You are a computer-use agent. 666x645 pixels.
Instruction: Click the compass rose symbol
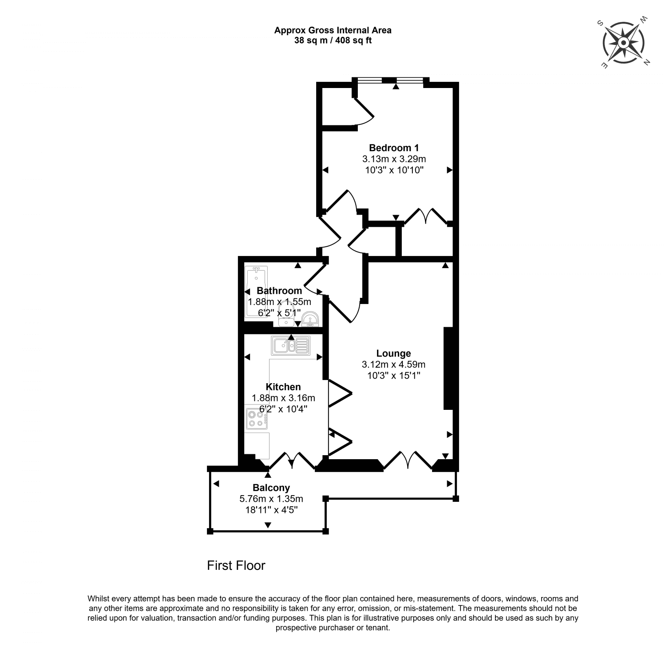pos(623,43)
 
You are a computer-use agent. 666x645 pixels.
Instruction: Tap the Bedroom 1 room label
pos(394,148)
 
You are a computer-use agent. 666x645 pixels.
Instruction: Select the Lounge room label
pos(393,353)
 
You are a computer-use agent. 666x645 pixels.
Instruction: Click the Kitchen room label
pos(283,387)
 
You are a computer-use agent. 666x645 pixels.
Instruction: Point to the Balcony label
pos(271,488)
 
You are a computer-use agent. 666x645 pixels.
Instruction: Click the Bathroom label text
pos(279,291)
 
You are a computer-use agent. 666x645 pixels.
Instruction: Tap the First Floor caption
pos(236,565)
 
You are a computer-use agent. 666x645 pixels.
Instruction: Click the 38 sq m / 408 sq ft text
pos(333,40)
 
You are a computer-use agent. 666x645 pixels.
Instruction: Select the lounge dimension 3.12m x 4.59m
pos(393,365)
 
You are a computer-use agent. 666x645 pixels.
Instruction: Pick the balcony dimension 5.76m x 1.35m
pos(271,499)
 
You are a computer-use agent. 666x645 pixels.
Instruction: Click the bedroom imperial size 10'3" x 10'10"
pos(394,169)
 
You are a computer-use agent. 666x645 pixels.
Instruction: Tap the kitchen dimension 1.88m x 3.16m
pos(283,397)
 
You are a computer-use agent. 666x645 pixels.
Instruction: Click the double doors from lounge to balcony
pos(408,461)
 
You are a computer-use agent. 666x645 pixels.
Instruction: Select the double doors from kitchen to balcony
pos(292,461)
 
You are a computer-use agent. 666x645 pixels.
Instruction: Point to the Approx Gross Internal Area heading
pos(333,30)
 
